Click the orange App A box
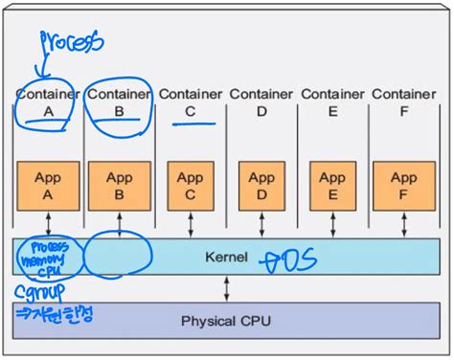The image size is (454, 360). [x=47, y=185]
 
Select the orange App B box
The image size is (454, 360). [x=119, y=185]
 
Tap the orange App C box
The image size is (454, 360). [x=190, y=185]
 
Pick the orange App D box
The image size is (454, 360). [x=261, y=185]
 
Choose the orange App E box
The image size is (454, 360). [x=331, y=185]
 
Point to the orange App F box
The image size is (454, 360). [x=403, y=185]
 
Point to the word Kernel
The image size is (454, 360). [x=227, y=258]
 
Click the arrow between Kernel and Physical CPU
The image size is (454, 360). [x=227, y=286]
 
